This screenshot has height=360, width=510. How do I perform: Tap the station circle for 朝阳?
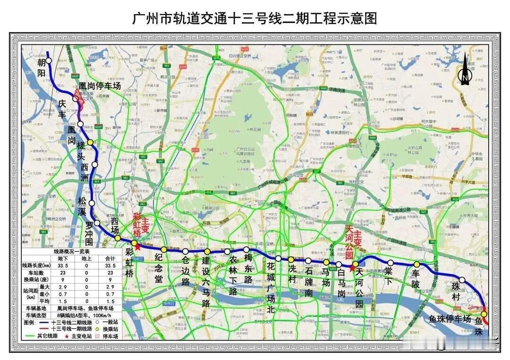coord(49,61)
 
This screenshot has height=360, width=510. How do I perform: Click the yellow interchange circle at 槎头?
coord(90,142)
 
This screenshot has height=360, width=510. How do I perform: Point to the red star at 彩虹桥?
coord(137,246)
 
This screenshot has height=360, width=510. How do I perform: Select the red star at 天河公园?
coord(351,268)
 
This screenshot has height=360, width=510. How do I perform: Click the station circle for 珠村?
coord(462,280)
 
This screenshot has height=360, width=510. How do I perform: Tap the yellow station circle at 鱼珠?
coord(484,314)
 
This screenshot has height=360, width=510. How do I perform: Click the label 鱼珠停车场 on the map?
coord(450,319)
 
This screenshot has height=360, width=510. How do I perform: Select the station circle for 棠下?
coord(390,263)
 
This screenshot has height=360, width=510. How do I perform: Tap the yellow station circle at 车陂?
coord(416,265)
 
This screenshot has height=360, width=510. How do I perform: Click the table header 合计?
coord(110,259)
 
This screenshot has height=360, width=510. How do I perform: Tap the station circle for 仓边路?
coord(186,251)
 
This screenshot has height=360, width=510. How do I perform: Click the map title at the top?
coord(255,19)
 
